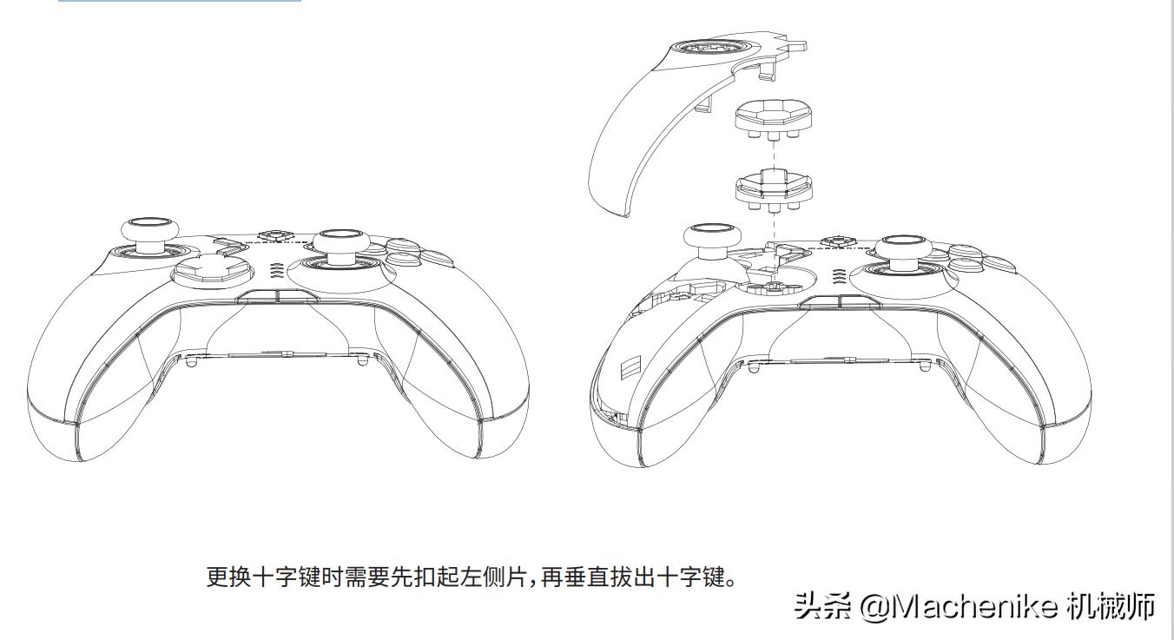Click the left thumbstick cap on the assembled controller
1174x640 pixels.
150,229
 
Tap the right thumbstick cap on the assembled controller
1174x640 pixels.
341,241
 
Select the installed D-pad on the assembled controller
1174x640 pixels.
214,269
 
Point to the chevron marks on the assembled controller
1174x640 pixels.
275,271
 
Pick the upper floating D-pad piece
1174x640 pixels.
774,120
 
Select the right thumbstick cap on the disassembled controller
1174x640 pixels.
907,248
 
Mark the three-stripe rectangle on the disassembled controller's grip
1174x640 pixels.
630,367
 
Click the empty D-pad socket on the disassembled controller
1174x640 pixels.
774,280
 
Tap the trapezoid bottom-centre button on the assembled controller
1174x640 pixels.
277,296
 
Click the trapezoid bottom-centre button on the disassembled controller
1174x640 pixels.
841,302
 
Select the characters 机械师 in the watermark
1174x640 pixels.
1110,607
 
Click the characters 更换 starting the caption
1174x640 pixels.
228,577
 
